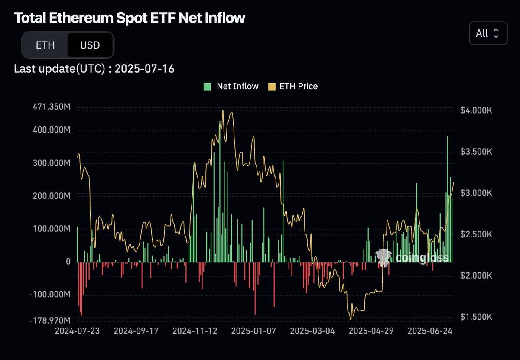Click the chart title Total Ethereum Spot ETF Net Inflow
pyautogui.click(x=130, y=18)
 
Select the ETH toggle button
pyautogui.click(x=45, y=45)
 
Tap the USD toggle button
pyautogui.click(x=90, y=45)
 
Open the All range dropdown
pyautogui.click(x=488, y=33)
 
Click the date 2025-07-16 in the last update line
pyautogui.click(x=145, y=68)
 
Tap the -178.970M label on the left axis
pyautogui.click(x=49, y=320)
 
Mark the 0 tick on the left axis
pyautogui.click(x=68, y=262)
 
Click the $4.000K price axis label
pyautogui.click(x=476, y=110)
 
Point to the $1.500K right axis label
pyautogui.click(x=476, y=317)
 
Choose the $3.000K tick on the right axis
pyautogui.click(x=476, y=193)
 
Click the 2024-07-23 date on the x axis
pyautogui.click(x=78, y=331)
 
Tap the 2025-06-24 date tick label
pyautogui.click(x=430, y=331)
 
